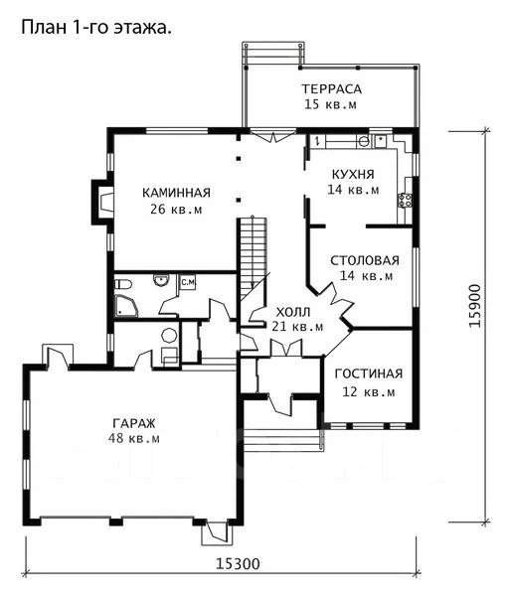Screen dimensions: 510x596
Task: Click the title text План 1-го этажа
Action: tap(96, 28)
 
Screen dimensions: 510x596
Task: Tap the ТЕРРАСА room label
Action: tap(332, 89)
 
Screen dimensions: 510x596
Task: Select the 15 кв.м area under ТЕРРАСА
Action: tap(330, 104)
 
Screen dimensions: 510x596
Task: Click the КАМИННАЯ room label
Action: tap(177, 193)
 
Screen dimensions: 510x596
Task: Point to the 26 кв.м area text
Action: tap(176, 209)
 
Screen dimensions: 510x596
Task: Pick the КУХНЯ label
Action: tap(353, 174)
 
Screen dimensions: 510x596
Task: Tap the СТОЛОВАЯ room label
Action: tap(365, 260)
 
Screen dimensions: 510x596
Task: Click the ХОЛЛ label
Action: tap(293, 313)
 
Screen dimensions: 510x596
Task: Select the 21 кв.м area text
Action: tap(298, 326)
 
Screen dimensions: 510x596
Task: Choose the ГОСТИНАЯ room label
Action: tap(369, 373)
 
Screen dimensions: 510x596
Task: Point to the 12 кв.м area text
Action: tap(369, 391)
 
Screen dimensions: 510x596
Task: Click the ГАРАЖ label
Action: tap(134, 423)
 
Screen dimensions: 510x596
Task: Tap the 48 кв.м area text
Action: tap(134, 438)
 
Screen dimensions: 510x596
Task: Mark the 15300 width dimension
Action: tap(238, 563)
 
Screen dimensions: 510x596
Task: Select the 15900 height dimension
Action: tap(474, 306)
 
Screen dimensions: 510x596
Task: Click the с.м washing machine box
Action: tap(188, 282)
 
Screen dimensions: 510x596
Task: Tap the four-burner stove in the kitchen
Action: tap(405, 201)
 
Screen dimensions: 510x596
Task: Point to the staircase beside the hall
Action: tap(254, 258)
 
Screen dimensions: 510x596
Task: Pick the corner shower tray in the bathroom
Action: tap(126, 306)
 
